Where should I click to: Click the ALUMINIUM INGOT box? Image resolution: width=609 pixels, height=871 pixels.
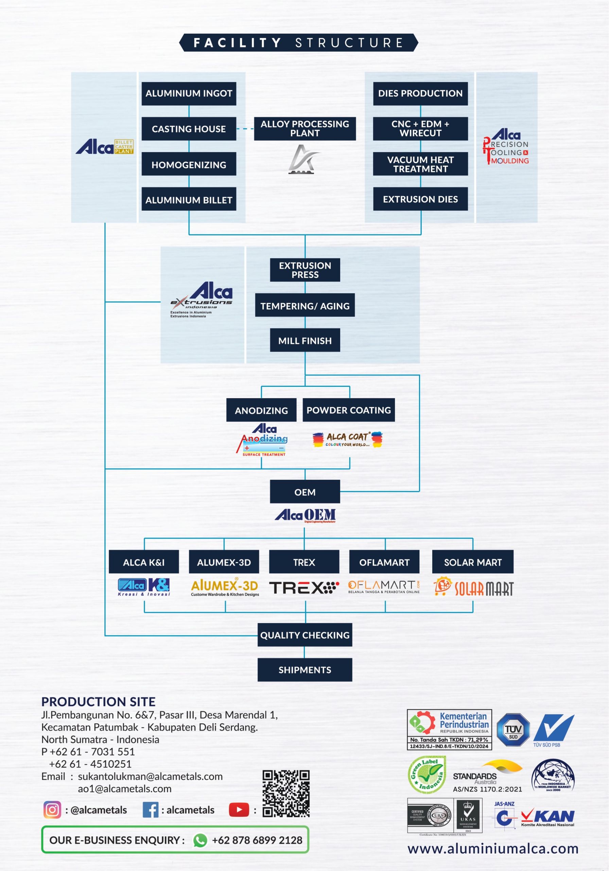click(189, 93)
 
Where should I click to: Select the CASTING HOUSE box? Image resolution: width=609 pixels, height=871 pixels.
click(189, 129)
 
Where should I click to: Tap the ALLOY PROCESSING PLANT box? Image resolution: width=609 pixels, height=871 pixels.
click(305, 129)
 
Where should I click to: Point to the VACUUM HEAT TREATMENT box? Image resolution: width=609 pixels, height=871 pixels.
click(420, 164)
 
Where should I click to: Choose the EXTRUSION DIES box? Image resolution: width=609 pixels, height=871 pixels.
click(420, 199)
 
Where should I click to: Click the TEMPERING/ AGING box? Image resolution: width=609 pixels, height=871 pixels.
click(305, 306)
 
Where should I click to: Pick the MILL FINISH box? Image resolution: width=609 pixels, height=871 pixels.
click(305, 340)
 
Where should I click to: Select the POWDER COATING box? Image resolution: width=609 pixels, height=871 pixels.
click(349, 410)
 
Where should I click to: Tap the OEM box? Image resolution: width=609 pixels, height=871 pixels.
click(305, 492)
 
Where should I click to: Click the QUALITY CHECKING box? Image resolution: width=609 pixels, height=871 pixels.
click(305, 635)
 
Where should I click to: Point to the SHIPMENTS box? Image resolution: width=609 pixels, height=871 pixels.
click(305, 670)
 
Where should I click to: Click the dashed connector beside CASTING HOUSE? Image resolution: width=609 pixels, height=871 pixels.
click(245, 129)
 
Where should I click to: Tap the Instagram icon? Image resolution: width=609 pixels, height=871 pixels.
click(52, 810)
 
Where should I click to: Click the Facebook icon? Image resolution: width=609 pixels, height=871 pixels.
click(151, 810)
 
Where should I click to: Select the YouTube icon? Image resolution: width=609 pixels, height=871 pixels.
click(239, 810)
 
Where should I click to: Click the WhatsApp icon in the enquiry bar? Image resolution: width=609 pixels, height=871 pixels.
click(200, 840)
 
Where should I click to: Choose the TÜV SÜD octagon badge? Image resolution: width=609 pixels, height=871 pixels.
click(513, 729)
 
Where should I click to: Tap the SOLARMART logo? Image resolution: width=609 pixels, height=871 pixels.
click(474, 588)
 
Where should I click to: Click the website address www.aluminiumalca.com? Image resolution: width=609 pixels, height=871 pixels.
click(493, 849)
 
